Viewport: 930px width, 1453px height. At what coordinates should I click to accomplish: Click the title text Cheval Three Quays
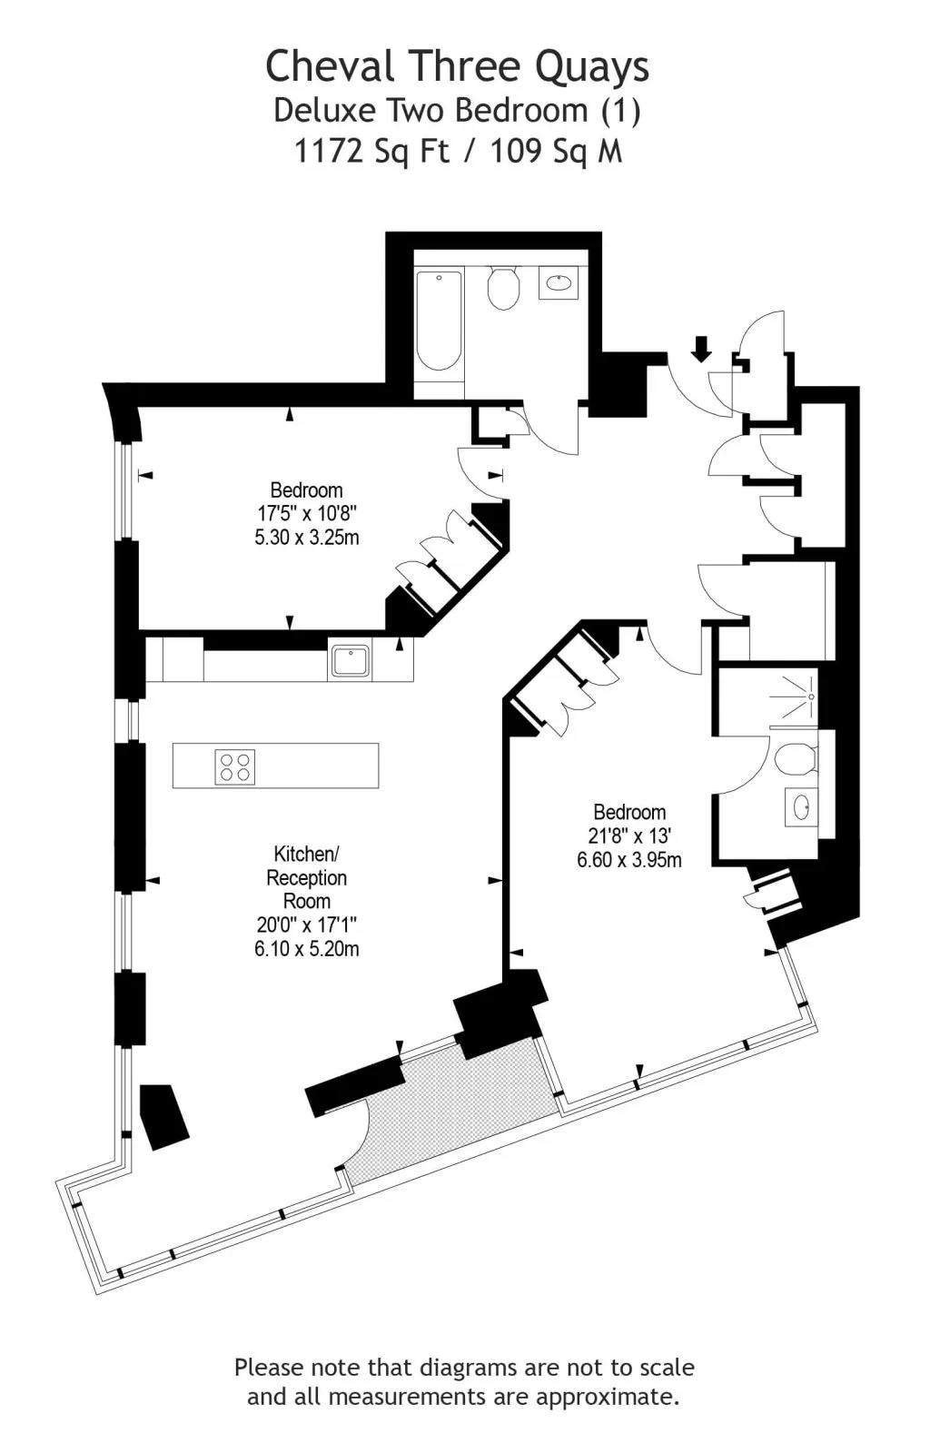tap(457, 67)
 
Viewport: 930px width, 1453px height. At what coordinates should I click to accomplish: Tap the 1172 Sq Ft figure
tap(372, 152)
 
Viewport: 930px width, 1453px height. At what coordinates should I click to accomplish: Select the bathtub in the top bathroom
tap(439, 321)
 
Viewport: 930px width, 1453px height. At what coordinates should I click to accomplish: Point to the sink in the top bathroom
tap(558, 282)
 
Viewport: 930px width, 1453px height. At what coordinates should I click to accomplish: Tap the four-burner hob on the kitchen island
tap(234, 766)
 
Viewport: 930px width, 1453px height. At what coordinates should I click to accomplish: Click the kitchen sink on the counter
tap(350, 661)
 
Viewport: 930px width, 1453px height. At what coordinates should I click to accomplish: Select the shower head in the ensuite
tap(811, 697)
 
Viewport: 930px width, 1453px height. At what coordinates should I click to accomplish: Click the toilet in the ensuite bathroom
tap(795, 759)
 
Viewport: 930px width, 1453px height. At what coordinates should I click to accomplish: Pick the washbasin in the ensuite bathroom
tap(802, 807)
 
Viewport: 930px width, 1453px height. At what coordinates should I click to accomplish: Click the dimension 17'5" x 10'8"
tap(307, 514)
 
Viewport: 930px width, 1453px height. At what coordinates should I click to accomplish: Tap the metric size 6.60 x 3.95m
tap(629, 860)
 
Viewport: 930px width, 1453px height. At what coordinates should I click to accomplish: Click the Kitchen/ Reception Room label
tap(307, 877)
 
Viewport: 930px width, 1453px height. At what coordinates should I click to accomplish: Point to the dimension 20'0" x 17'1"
tap(307, 925)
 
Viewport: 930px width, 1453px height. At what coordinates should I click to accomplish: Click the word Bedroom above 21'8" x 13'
tap(629, 812)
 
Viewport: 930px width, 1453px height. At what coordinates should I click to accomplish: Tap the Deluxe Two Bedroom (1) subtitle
tap(457, 110)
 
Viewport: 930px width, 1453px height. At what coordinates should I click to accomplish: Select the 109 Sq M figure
tap(557, 152)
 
